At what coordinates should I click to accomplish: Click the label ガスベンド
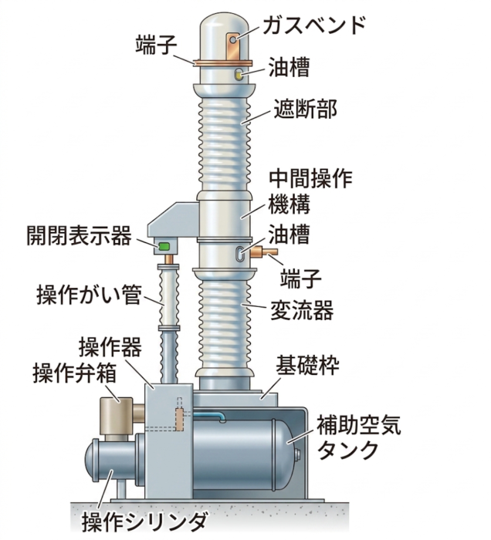click(x=314, y=25)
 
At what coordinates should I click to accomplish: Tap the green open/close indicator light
click(x=164, y=246)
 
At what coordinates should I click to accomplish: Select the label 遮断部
click(x=305, y=109)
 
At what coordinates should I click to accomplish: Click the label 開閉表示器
click(x=79, y=235)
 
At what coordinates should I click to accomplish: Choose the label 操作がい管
click(x=89, y=295)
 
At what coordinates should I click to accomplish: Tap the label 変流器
click(x=302, y=310)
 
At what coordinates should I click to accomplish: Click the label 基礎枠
click(x=307, y=366)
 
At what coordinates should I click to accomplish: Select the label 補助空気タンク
click(x=359, y=437)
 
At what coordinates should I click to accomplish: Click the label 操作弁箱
click(x=74, y=373)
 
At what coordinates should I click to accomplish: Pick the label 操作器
click(x=110, y=347)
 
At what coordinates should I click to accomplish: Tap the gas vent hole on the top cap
click(x=234, y=40)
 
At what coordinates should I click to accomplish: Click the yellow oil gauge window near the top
click(x=239, y=74)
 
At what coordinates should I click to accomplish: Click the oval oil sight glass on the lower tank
click(x=240, y=254)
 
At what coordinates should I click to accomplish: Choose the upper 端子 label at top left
click(x=157, y=45)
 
